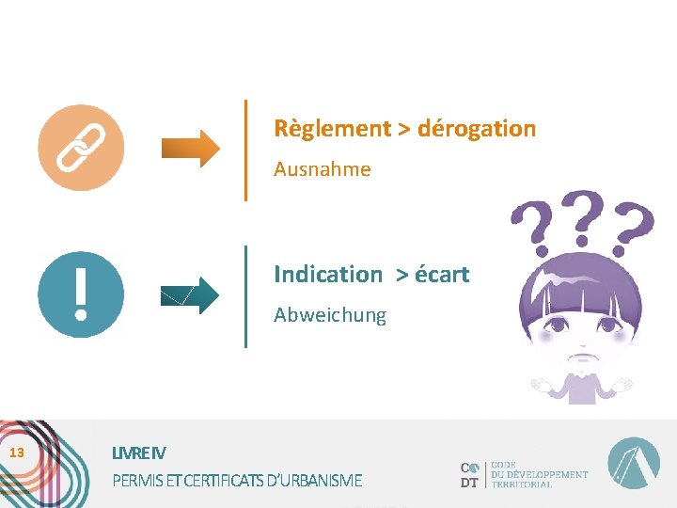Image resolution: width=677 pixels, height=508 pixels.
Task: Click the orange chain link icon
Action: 81,148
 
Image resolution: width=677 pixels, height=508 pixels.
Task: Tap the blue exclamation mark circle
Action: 81,294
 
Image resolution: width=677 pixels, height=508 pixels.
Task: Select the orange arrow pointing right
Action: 190,149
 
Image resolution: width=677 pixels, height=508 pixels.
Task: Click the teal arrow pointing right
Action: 190,295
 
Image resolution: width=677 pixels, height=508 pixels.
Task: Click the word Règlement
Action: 331,128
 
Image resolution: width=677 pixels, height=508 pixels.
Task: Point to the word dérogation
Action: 477,128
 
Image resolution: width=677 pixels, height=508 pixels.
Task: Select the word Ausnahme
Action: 322,170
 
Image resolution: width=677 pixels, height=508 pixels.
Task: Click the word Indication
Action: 327,275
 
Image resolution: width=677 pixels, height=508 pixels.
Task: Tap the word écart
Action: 441,275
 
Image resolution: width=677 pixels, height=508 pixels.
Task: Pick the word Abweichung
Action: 329,315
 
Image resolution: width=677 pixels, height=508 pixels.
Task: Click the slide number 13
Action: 16,453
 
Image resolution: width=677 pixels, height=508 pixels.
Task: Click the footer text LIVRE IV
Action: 138,453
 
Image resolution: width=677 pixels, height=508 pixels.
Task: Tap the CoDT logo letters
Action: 470,474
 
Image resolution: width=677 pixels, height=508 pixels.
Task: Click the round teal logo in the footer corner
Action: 633,464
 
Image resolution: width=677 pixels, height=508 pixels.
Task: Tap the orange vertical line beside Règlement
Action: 245,150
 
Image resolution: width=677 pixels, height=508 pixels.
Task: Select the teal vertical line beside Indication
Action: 245,295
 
